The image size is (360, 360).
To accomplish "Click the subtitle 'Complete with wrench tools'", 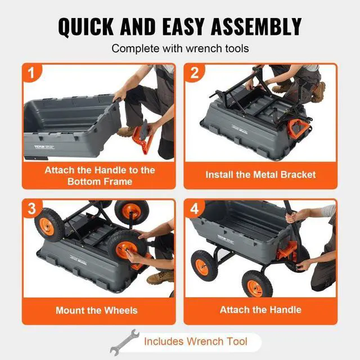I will pos(180,48).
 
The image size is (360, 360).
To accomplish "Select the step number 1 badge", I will pos(31,73).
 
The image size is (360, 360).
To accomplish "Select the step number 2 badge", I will pos(195,73).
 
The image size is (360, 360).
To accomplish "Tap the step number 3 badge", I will pos(31,208).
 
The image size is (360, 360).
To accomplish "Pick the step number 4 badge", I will pos(195,208).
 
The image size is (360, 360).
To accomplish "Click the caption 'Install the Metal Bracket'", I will pos(260,174).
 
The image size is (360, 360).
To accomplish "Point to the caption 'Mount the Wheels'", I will pos(96,310).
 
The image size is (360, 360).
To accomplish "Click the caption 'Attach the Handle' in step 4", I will pos(260,310).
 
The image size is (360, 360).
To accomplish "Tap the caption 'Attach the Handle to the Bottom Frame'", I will pos(100,175).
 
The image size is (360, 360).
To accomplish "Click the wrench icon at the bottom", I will pos(124,341).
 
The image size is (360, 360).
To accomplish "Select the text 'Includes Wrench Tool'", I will pos(195,341).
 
